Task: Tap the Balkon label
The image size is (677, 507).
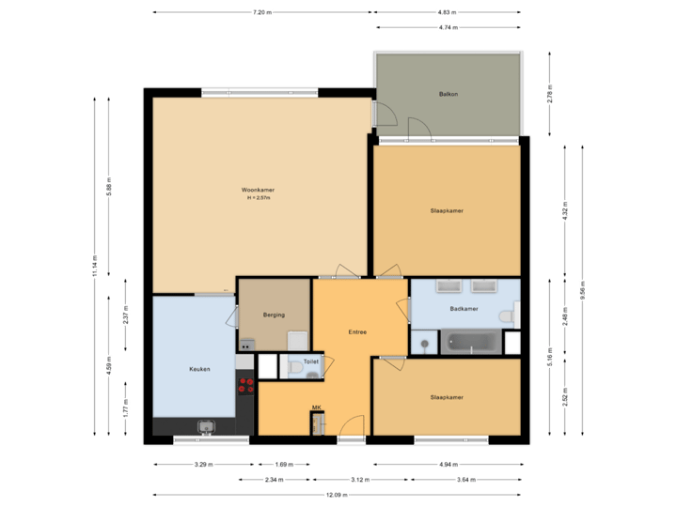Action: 449,95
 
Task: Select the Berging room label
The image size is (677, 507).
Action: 274,315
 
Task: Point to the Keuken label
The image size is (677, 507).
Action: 199,369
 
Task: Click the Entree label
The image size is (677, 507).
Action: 357,331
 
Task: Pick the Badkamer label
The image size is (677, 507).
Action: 464,308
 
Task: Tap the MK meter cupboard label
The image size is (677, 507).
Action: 317,407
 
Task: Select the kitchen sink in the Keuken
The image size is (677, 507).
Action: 206,428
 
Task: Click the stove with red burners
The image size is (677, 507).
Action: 245,385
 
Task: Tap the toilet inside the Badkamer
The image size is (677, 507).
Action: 510,316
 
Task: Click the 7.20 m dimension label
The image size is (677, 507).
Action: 261,12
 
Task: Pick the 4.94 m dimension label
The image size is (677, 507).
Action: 447,464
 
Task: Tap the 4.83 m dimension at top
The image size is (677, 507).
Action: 447,12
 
